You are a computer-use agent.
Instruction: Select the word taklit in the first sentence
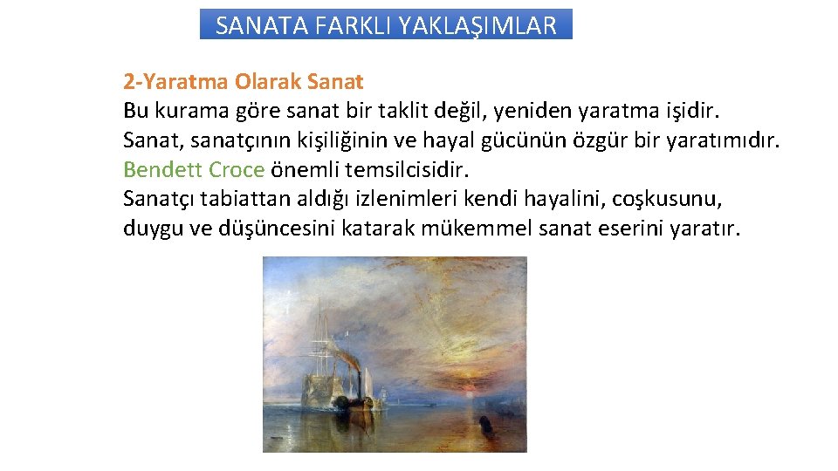click(x=409, y=111)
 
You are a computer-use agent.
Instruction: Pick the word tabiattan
click(x=243, y=199)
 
